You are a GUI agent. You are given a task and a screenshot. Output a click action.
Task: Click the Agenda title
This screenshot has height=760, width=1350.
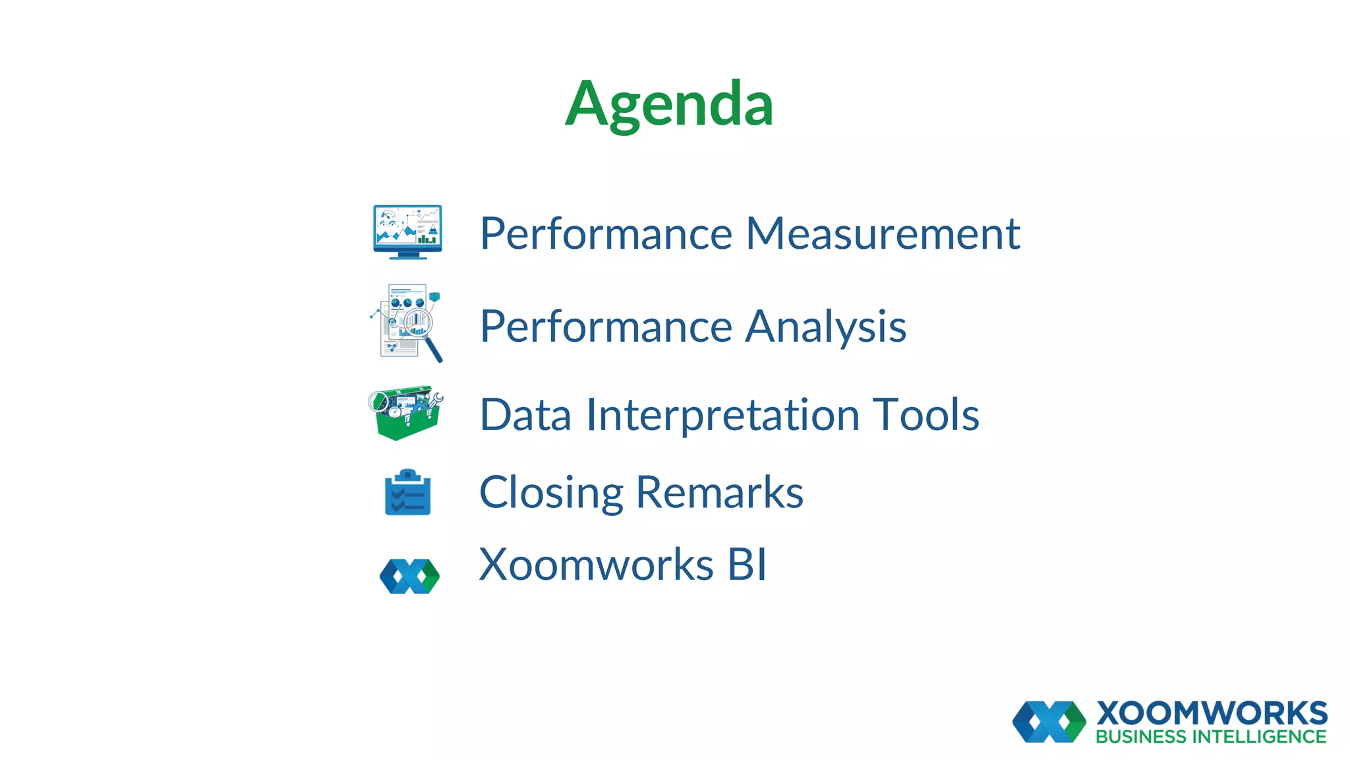pyautogui.click(x=669, y=104)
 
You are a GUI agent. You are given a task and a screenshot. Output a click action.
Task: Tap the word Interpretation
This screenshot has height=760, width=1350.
pyautogui.click(x=722, y=415)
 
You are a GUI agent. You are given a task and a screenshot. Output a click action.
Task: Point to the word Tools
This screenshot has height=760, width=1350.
pyautogui.click(x=926, y=415)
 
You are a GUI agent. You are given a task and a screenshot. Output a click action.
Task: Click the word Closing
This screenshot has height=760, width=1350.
pyautogui.click(x=550, y=493)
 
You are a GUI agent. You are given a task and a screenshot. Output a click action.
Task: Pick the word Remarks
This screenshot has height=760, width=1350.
pyautogui.click(x=719, y=493)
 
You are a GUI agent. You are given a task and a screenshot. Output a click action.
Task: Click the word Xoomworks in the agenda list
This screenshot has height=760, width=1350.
pyautogui.click(x=596, y=565)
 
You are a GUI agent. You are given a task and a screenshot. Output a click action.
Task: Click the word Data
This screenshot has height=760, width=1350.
pyautogui.click(x=525, y=415)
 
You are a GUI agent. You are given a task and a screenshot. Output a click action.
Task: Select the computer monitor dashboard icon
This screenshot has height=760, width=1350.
pyautogui.click(x=407, y=232)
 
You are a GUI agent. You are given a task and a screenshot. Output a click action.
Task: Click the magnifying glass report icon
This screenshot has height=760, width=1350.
pyautogui.click(x=407, y=323)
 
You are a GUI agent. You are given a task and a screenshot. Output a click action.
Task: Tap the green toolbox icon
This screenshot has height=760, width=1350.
pyautogui.click(x=405, y=413)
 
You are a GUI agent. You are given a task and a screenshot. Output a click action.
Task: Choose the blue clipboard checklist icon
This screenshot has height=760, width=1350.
pyautogui.click(x=407, y=493)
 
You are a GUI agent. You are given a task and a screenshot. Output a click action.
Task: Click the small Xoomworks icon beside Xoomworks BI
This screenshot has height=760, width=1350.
pyautogui.click(x=409, y=576)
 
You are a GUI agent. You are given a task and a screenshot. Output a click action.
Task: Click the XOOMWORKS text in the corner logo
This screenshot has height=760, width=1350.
pyautogui.click(x=1212, y=713)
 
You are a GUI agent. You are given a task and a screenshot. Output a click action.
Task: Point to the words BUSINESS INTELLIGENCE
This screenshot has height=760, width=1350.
pyautogui.click(x=1211, y=737)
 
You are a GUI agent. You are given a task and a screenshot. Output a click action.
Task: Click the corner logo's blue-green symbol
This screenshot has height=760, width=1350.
pyautogui.click(x=1049, y=722)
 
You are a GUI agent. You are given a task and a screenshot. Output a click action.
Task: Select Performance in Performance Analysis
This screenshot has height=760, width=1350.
pyautogui.click(x=606, y=327)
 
